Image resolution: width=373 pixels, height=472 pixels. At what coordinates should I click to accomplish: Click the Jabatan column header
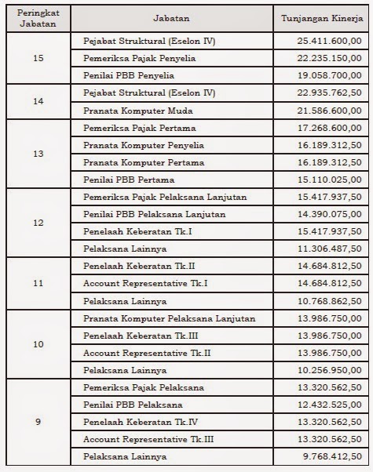click(174, 16)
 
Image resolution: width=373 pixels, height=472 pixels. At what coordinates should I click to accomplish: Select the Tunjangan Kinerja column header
click(322, 16)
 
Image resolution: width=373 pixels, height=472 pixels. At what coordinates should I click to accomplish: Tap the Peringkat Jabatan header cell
click(38, 16)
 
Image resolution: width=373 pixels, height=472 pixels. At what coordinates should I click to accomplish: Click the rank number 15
click(38, 58)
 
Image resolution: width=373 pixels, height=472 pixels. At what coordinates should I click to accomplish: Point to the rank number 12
click(38, 222)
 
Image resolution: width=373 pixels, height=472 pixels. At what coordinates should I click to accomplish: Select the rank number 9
click(38, 422)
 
